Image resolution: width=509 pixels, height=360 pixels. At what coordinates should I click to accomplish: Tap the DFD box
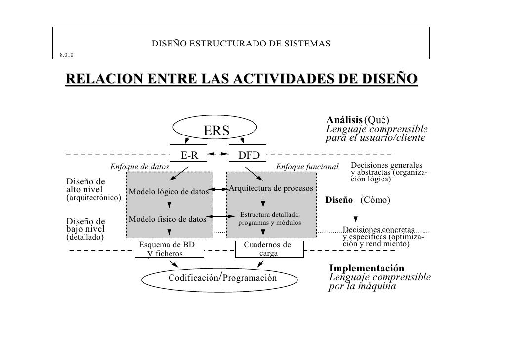[249, 155]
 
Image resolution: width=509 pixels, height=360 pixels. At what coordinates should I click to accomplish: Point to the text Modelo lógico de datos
[169, 192]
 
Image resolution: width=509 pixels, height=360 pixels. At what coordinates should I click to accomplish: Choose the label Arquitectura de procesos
[270, 189]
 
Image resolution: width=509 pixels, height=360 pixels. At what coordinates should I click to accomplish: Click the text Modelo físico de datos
[167, 219]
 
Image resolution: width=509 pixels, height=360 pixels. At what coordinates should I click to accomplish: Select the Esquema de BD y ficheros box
[168, 249]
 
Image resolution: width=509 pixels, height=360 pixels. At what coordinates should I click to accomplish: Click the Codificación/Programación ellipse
[222, 278]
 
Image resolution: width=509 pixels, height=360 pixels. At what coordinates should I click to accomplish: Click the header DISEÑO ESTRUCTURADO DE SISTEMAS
[241, 45]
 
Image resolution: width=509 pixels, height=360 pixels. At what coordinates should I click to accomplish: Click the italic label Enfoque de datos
[139, 167]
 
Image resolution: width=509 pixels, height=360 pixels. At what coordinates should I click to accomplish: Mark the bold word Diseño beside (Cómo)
[339, 200]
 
